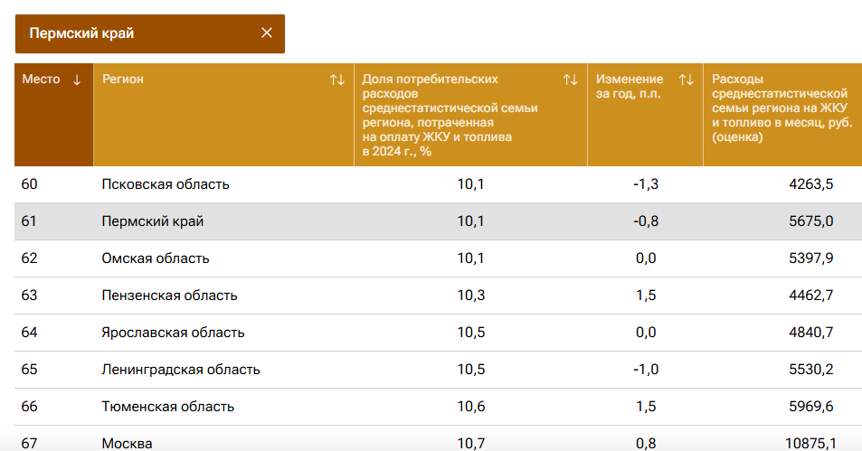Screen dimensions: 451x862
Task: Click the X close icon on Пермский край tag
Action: click(x=267, y=33)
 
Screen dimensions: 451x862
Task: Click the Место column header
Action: click(x=42, y=80)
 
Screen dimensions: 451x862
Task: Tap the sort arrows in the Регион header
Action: click(x=337, y=80)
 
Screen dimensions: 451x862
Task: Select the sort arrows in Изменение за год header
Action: click(x=687, y=80)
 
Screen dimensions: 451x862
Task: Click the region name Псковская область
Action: click(x=166, y=184)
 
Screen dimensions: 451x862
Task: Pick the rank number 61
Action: click(x=30, y=221)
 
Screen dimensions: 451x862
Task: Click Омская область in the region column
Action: click(x=156, y=258)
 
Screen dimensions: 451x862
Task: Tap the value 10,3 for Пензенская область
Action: click(x=471, y=296)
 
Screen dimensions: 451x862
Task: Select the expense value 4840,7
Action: click(x=810, y=333)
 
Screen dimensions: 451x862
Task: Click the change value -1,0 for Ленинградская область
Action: click(x=646, y=370)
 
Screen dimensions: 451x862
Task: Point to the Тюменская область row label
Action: click(x=168, y=407)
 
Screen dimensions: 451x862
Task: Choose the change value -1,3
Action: click(x=646, y=184)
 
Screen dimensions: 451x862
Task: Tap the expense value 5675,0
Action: click(x=810, y=221)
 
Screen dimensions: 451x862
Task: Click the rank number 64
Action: click(x=30, y=333)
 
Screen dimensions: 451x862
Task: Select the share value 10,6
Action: click(x=471, y=407)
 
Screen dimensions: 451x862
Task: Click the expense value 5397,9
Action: click(x=810, y=258)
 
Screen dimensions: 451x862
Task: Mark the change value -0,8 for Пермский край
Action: click(x=646, y=221)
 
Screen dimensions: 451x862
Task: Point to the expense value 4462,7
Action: click(x=810, y=296)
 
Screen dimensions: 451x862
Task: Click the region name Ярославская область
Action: click(x=173, y=333)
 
